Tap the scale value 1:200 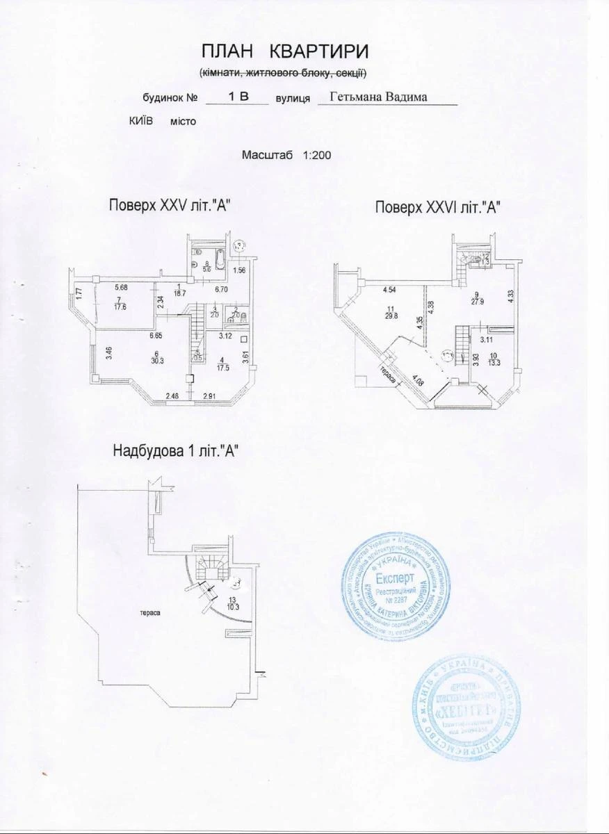(316, 156)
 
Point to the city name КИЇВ (142, 121)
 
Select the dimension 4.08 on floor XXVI (417, 380)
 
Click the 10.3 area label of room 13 (233, 606)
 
